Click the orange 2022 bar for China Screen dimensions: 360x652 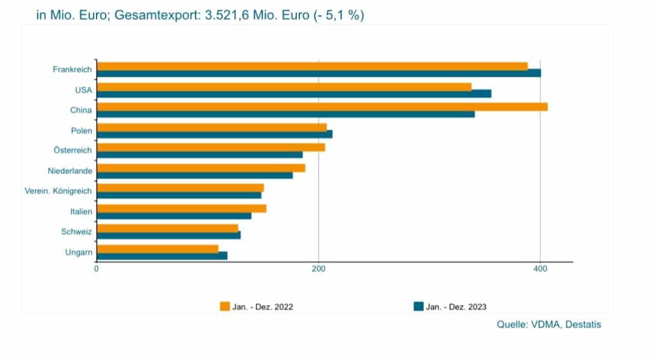point(322,107)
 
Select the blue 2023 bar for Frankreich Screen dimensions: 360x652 point(319,73)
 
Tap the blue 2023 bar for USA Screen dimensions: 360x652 point(294,94)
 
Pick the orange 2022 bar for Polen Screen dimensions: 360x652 point(212,127)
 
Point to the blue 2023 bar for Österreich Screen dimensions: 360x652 point(200,155)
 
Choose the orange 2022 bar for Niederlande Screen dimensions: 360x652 point(201,168)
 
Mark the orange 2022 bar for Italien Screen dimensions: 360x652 point(182,208)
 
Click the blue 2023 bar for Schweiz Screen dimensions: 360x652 point(168,235)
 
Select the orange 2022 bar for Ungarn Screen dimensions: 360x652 point(158,249)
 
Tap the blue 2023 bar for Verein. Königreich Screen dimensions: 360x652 point(179,195)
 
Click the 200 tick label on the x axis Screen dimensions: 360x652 point(318,268)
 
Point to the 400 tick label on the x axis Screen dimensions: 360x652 point(540,268)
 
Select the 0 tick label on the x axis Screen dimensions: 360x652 point(97,268)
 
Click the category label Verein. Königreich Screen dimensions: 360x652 point(58,191)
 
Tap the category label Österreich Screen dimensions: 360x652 point(72,150)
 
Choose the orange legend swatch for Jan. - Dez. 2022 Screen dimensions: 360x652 point(225,306)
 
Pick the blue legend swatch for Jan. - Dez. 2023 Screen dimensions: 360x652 point(418,306)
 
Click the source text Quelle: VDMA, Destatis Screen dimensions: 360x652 point(549,324)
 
